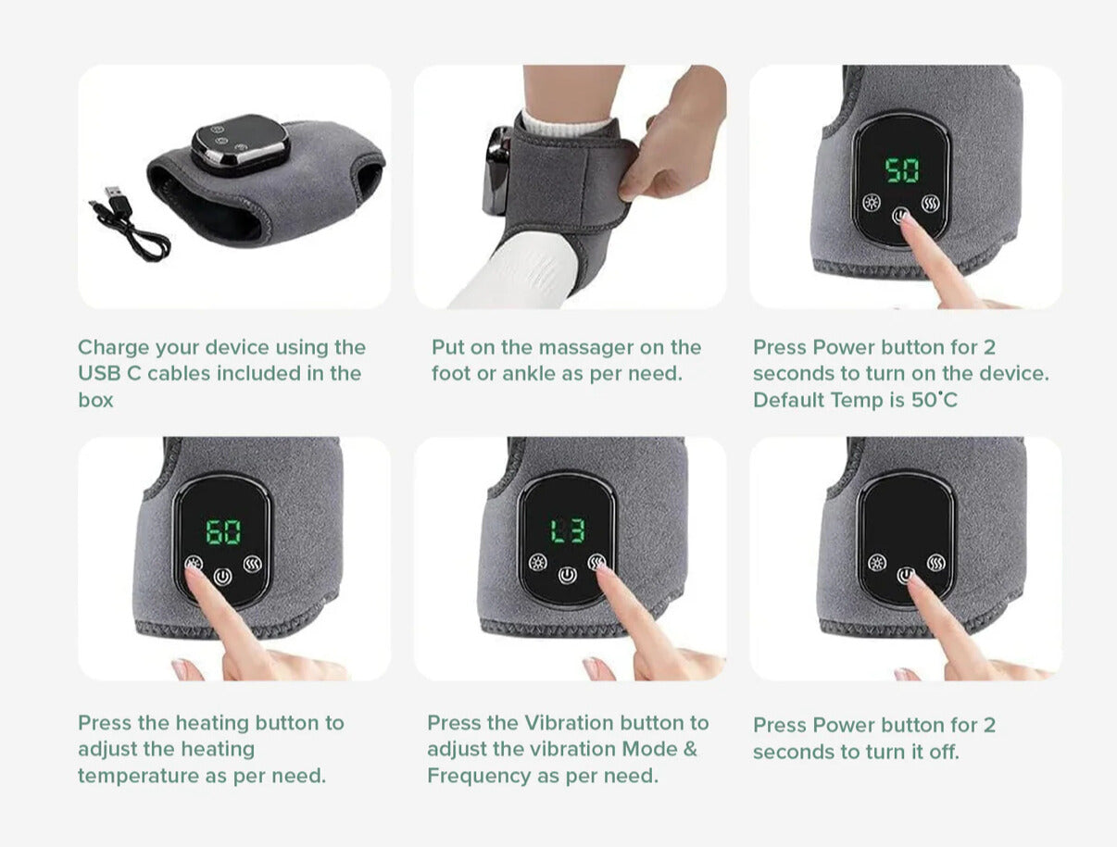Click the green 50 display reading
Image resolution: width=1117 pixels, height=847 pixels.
tap(902, 169)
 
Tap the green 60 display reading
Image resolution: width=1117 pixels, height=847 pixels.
tap(223, 531)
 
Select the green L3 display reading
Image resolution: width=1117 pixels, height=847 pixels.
tap(569, 530)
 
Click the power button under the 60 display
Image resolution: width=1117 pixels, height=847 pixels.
tap(223, 577)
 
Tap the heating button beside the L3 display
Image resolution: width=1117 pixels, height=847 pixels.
tap(538, 563)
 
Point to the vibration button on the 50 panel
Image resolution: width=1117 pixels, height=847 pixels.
tap(931, 205)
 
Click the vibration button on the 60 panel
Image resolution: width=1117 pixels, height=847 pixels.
tap(253, 564)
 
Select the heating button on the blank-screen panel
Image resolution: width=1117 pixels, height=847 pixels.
tap(877, 563)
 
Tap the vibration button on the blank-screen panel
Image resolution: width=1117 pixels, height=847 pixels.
tap(935, 563)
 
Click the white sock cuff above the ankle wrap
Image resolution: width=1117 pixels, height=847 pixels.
tap(564, 124)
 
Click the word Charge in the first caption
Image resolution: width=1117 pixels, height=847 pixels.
tap(114, 348)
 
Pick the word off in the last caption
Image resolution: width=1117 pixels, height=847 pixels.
tap(944, 752)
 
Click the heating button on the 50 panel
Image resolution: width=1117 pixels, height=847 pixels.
tap(872, 204)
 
